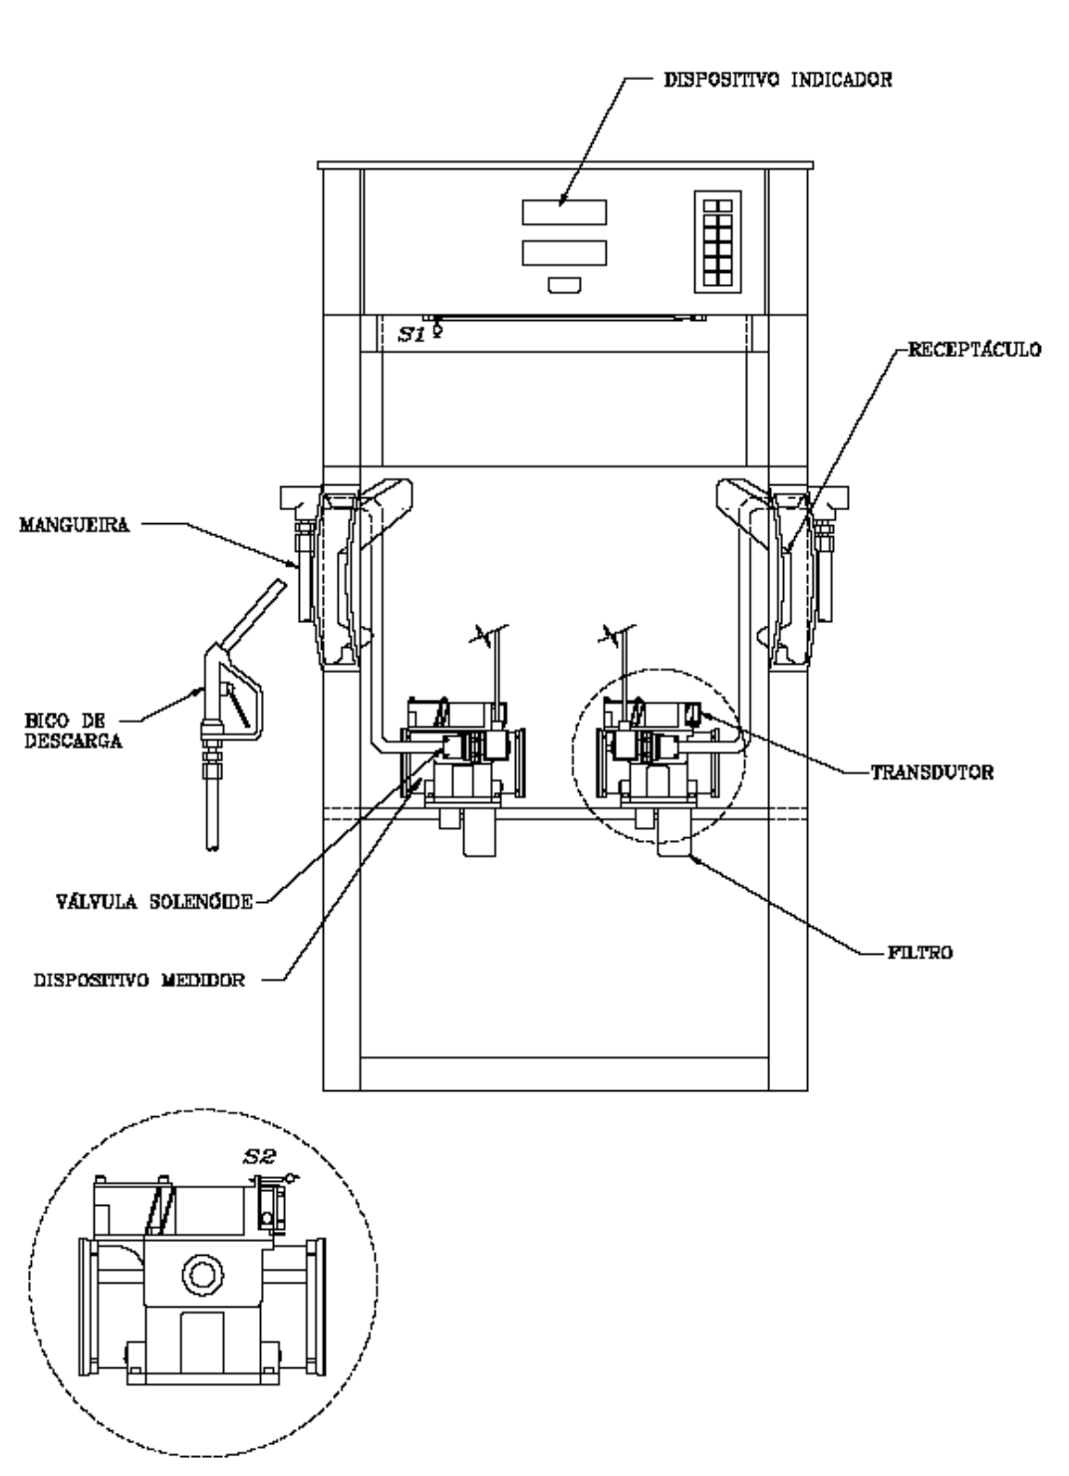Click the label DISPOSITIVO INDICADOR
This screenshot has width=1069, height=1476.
click(x=778, y=80)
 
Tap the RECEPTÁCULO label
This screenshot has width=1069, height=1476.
click(x=974, y=349)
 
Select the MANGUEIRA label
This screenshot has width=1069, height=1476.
click(x=75, y=525)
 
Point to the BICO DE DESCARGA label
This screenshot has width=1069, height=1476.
click(x=73, y=731)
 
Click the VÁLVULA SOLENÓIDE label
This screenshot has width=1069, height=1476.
click(x=154, y=901)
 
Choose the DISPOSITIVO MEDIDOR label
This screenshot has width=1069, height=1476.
click(x=139, y=981)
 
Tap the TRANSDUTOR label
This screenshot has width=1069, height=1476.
click(x=933, y=772)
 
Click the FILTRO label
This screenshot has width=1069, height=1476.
click(x=921, y=952)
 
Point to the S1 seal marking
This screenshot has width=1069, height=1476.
click(x=411, y=334)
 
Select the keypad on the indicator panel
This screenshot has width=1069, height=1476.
click(x=718, y=242)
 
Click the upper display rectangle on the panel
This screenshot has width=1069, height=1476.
click(x=565, y=212)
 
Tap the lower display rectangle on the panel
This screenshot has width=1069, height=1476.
click(x=565, y=253)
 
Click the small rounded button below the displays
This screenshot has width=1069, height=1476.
click(x=565, y=285)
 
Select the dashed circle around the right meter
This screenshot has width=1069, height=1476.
click(x=573, y=757)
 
